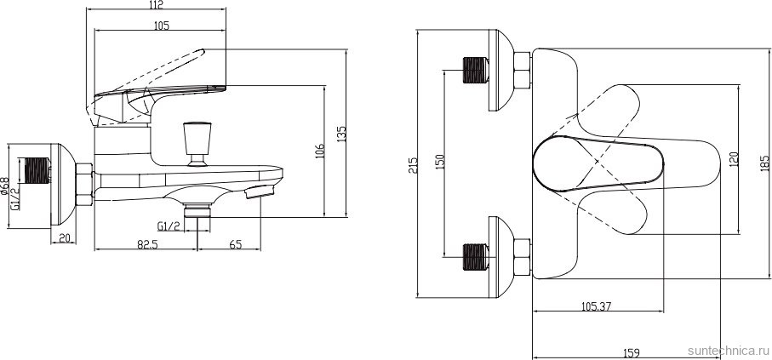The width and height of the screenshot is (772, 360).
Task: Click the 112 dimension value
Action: [x=156, y=4]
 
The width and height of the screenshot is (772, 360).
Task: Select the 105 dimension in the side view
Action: [x=162, y=26]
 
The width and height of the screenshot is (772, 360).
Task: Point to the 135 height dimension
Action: [x=341, y=134]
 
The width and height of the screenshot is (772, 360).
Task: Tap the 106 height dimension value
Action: [x=320, y=151]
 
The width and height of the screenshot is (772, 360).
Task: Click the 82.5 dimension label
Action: [x=146, y=245]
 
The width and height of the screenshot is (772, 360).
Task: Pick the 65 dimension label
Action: [x=236, y=245]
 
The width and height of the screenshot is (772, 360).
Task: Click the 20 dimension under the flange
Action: [x=64, y=238]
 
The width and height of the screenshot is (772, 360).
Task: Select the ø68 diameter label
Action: [x=4, y=186]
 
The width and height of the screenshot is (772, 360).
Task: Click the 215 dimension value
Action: [x=413, y=165]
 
